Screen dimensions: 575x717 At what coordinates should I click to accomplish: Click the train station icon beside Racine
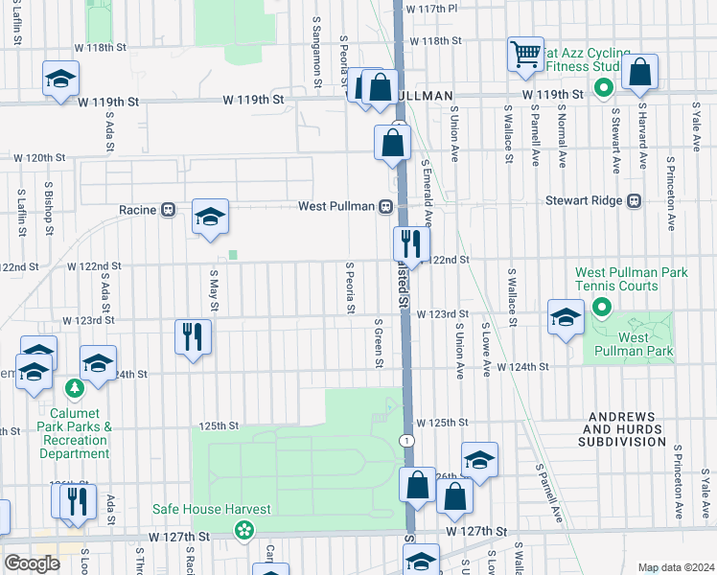[168, 209]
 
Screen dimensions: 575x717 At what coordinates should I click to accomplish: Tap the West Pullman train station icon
[384, 206]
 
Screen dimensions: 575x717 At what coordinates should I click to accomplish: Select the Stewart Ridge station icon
[633, 201]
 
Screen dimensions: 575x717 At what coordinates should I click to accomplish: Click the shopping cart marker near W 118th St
[525, 57]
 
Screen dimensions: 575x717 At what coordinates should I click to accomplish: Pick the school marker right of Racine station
[210, 217]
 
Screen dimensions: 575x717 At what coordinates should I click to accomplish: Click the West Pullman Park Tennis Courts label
[631, 279]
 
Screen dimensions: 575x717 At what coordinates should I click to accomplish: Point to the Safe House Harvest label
[211, 509]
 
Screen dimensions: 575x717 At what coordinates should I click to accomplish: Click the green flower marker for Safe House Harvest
[245, 528]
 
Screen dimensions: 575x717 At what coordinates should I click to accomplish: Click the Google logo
[32, 563]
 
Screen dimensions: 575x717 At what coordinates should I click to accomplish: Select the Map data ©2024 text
[676, 567]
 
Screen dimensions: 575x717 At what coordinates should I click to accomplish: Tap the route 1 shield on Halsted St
[407, 440]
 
